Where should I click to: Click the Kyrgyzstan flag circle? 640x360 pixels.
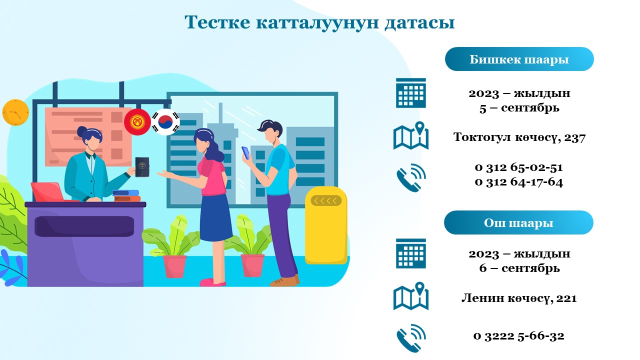137,122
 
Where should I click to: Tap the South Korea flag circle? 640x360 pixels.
165,122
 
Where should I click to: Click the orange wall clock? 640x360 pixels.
15,112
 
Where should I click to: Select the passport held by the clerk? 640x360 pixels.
142,167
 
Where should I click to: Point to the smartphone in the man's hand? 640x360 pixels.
245,153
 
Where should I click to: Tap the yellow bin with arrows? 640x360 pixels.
326,225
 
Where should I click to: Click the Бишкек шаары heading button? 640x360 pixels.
519,59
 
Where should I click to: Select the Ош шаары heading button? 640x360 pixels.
518,222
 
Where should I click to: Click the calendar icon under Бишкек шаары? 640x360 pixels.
411,93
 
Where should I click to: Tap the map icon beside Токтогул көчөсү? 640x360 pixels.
411,135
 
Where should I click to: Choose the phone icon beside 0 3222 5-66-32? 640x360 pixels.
411,338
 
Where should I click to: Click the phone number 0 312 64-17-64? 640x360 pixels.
519,182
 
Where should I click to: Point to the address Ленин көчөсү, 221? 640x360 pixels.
519,298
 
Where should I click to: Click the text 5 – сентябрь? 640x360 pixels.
519,108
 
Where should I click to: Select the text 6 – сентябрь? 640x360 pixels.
519,268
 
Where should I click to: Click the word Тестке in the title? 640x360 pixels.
217,22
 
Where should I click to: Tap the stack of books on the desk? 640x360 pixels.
126,196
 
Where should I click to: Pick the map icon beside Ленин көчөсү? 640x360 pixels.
411,296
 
